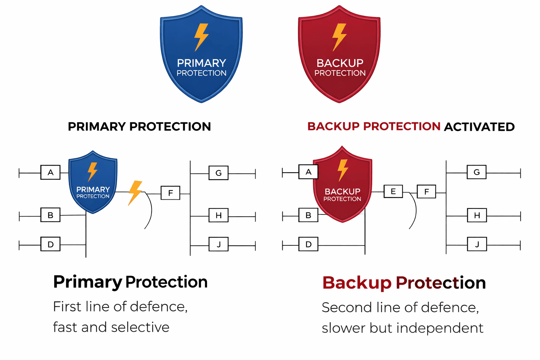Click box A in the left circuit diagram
click(x=50, y=172)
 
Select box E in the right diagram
click(x=393, y=191)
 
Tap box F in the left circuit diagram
click(x=171, y=193)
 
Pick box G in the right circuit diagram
click(x=476, y=172)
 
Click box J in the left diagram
click(x=219, y=244)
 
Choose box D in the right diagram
click(x=308, y=244)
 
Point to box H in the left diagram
click(x=219, y=215)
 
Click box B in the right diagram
click(x=308, y=215)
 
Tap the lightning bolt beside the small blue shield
click(x=135, y=192)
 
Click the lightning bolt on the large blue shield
click(x=201, y=37)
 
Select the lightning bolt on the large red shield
click(x=340, y=37)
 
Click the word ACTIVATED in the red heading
click(x=479, y=127)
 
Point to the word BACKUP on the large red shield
click(x=340, y=63)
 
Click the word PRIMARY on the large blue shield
click(x=201, y=63)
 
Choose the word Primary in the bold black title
click(x=87, y=282)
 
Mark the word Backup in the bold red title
click(x=357, y=283)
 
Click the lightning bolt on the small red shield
click(x=343, y=170)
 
